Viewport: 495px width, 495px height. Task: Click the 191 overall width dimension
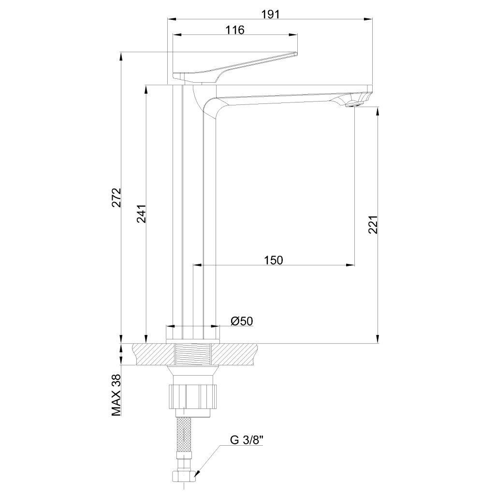point(271,14)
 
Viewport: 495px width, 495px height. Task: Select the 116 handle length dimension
point(235,29)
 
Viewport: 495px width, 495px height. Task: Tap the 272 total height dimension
point(117,197)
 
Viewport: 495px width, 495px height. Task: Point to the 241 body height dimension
point(142,214)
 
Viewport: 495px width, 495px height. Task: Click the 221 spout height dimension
point(373,224)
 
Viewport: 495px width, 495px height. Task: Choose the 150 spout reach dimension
point(274,260)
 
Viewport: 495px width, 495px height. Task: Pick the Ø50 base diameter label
point(242,321)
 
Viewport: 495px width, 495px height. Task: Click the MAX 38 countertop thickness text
point(117,395)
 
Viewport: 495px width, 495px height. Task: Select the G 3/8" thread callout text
point(246,440)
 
